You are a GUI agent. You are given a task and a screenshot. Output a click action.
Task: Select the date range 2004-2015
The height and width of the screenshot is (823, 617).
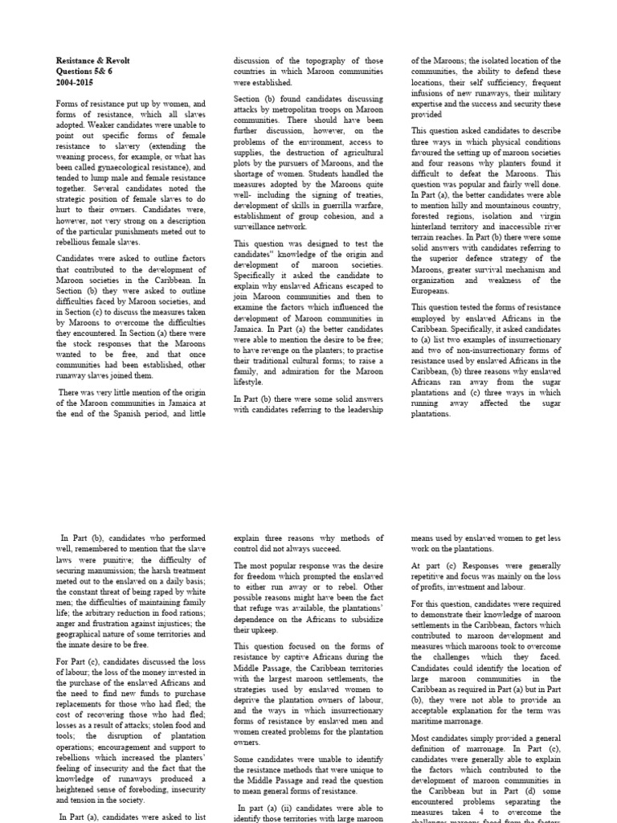pos(74,82)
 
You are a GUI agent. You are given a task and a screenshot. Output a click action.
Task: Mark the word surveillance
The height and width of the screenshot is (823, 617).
pos(263,227)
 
